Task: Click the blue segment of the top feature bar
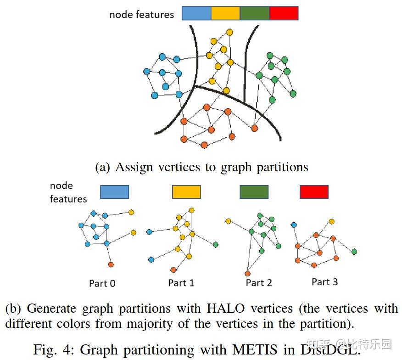pos(196,13)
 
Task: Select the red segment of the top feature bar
pos(284,13)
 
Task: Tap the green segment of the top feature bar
pos(254,13)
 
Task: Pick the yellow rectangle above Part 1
pos(186,192)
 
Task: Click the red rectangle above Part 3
pos(314,192)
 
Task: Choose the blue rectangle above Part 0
pos(114,192)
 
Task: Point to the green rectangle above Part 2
pos(254,192)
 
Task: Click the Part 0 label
pos(102,283)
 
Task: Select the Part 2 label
pos(259,283)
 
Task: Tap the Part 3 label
pos(324,281)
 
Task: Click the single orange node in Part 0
pos(111,265)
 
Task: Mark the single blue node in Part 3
pos(294,225)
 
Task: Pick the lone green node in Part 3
pos(354,252)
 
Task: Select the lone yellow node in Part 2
pos(228,222)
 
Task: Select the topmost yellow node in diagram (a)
pos(229,32)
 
